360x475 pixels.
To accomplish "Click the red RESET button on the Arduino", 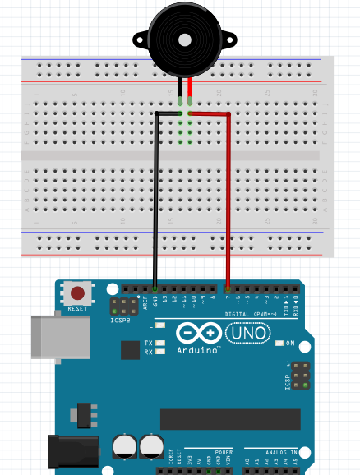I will click(x=78, y=293).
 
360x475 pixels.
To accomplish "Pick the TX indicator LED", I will click(x=159, y=343).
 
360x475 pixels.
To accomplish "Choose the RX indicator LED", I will click(x=159, y=352).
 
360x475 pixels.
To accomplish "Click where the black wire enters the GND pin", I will click(x=155, y=289).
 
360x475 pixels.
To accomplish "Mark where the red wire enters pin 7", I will click(x=228, y=289).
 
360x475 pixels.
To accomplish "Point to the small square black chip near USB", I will click(x=129, y=350).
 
